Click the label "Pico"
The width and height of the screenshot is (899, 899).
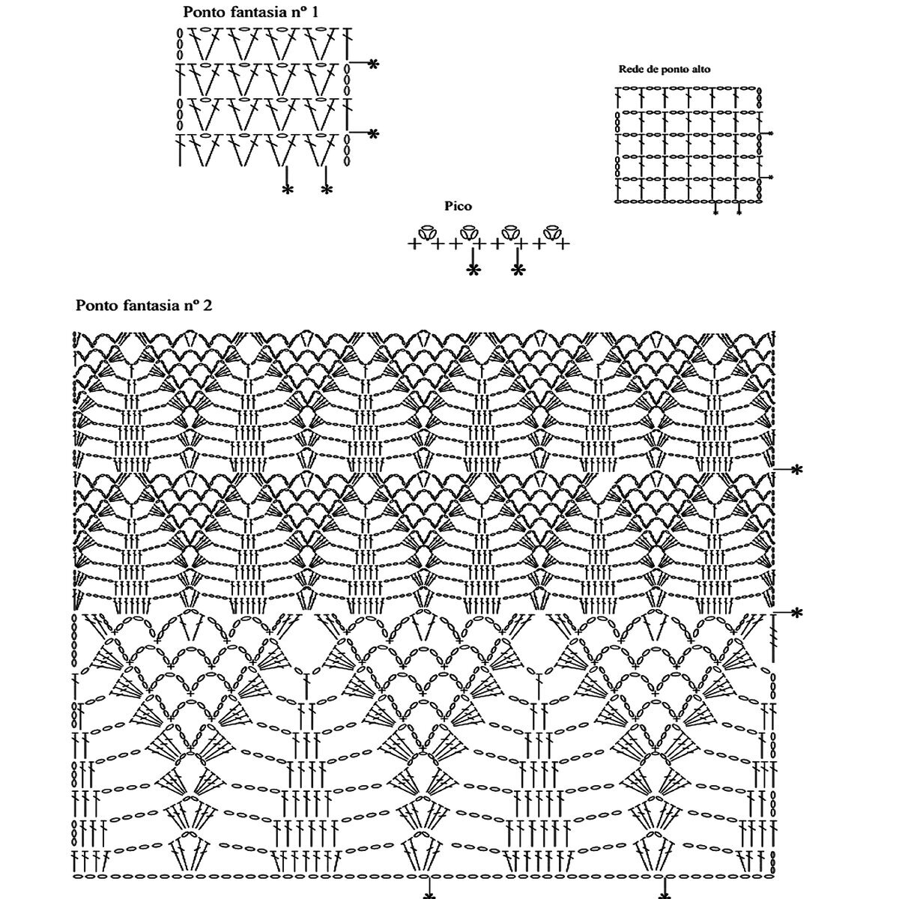click(458, 206)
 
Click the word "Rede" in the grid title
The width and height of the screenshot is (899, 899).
click(630, 69)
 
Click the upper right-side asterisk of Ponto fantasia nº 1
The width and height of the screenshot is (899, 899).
click(373, 64)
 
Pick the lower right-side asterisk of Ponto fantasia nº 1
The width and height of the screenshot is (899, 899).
click(373, 133)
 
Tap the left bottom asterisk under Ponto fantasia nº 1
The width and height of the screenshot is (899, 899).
click(288, 190)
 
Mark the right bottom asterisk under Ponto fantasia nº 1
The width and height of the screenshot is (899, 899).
click(326, 190)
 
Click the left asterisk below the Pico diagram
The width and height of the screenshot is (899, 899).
click(473, 270)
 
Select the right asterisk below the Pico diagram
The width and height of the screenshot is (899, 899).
click(518, 270)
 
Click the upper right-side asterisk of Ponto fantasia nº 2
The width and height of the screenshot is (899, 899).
click(796, 470)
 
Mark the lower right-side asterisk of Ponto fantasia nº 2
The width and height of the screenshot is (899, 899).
click(796, 614)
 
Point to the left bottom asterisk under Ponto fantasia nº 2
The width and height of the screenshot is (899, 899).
click(429, 894)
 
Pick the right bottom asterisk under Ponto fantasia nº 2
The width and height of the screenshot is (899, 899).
click(664, 894)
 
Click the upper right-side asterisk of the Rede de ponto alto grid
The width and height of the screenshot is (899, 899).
click(771, 133)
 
